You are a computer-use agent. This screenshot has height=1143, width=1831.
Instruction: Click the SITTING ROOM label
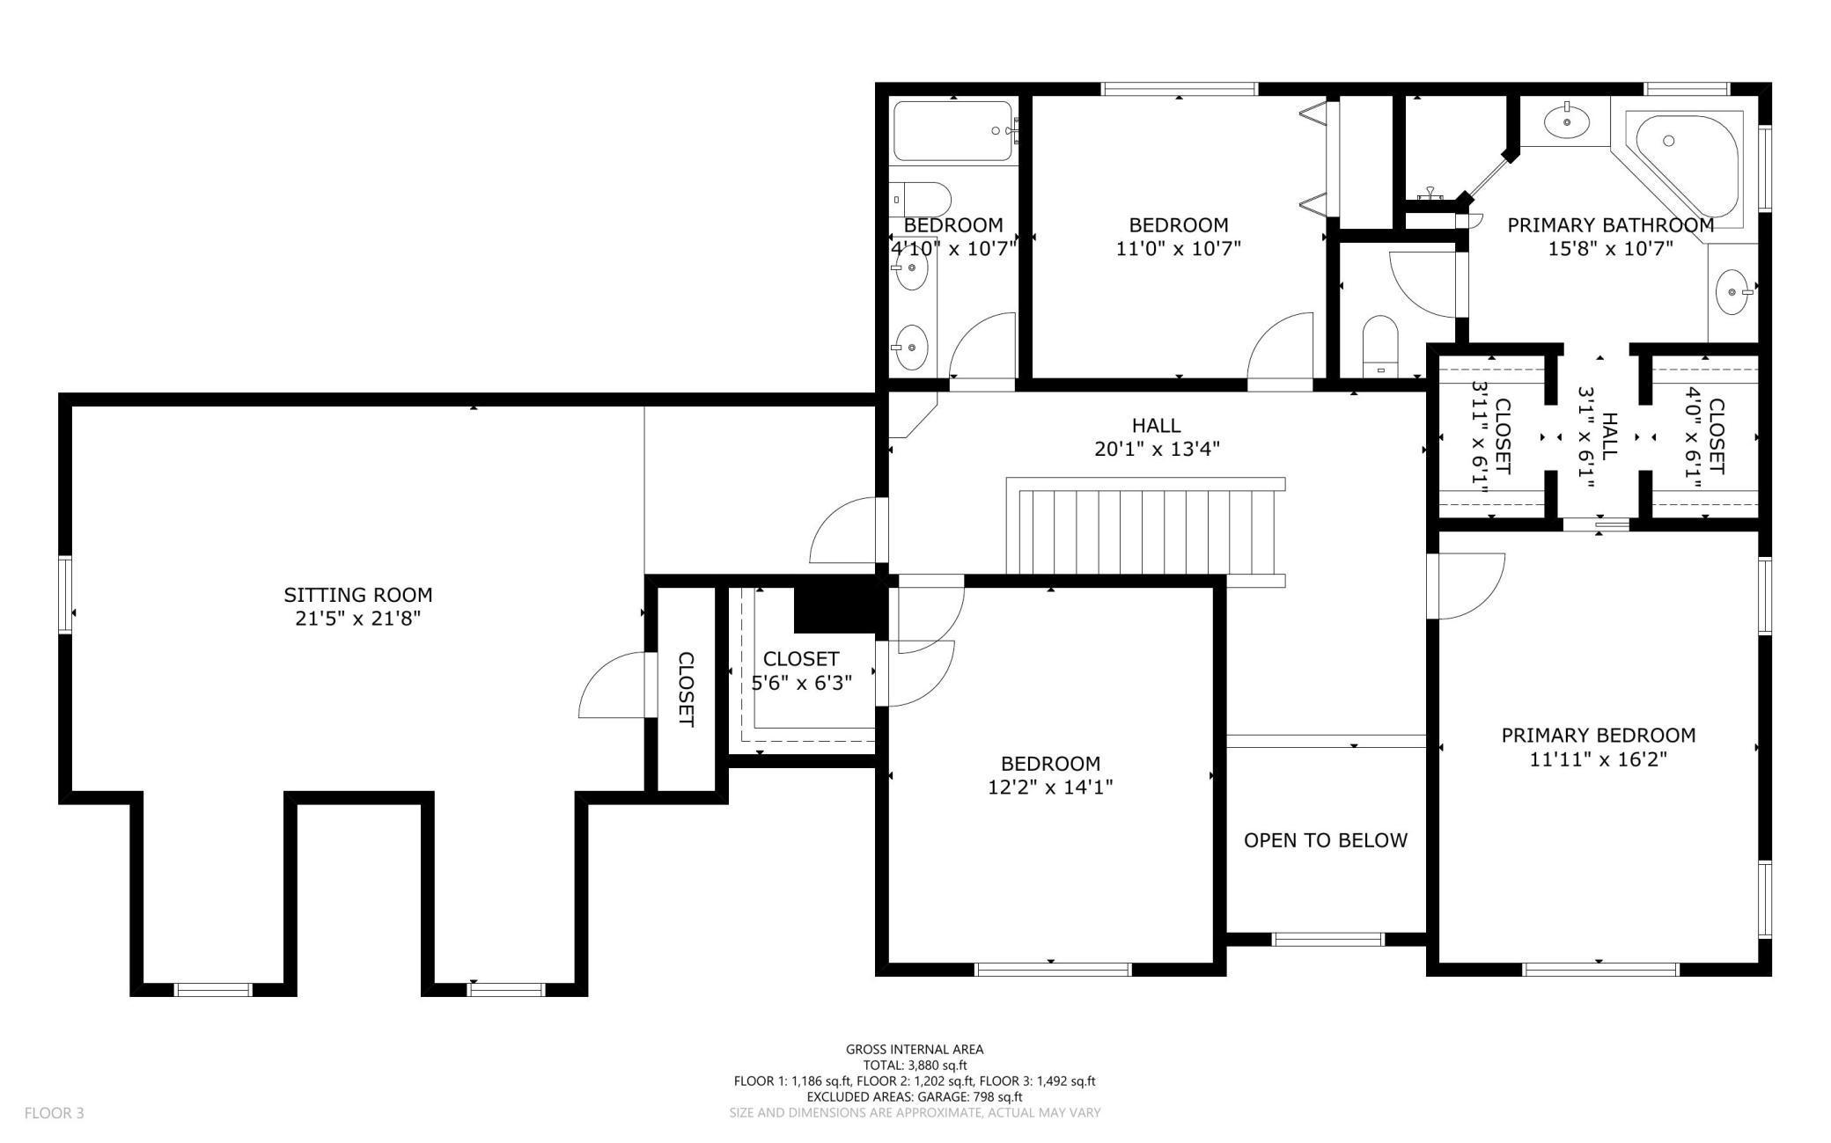(358, 595)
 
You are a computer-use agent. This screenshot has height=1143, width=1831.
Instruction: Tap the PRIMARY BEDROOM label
(1599, 735)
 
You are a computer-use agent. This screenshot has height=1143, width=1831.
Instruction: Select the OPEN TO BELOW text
(1326, 840)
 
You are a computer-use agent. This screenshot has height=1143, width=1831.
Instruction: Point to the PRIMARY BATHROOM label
(1611, 225)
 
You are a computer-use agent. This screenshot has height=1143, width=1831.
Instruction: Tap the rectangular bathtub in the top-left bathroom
(953, 130)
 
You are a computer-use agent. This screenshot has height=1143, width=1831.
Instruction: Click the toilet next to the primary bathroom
(1380, 345)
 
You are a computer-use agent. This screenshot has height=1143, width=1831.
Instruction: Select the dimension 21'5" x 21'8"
(358, 619)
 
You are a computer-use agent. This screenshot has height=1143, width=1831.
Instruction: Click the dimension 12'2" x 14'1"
(1050, 787)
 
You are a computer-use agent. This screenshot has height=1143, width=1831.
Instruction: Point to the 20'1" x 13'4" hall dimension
(1157, 449)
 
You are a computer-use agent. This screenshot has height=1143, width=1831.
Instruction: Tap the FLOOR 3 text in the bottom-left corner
(55, 1113)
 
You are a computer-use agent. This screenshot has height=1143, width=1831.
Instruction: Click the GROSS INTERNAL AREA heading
(915, 1049)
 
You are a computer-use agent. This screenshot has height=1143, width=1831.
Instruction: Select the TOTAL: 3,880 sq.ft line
(915, 1065)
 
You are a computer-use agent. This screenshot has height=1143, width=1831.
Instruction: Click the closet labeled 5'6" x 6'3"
(801, 670)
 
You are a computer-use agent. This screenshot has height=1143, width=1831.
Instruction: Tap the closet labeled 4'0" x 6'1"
(1705, 437)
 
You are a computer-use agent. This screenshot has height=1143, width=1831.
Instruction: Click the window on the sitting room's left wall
(65, 594)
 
